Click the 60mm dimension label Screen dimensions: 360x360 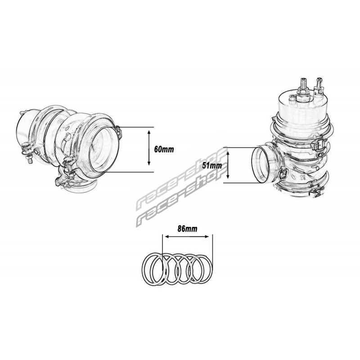[164, 149]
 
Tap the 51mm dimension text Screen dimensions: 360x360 [212, 165]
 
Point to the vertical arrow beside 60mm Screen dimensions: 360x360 [149, 148]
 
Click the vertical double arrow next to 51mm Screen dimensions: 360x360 [228, 165]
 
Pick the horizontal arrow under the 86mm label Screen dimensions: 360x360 [187, 237]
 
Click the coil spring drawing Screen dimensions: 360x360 [177, 269]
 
